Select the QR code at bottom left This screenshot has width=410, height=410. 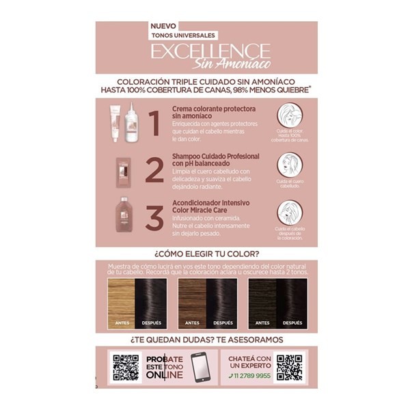(126, 368)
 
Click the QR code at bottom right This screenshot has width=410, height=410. (290, 368)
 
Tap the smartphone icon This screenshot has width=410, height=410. (199, 368)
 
